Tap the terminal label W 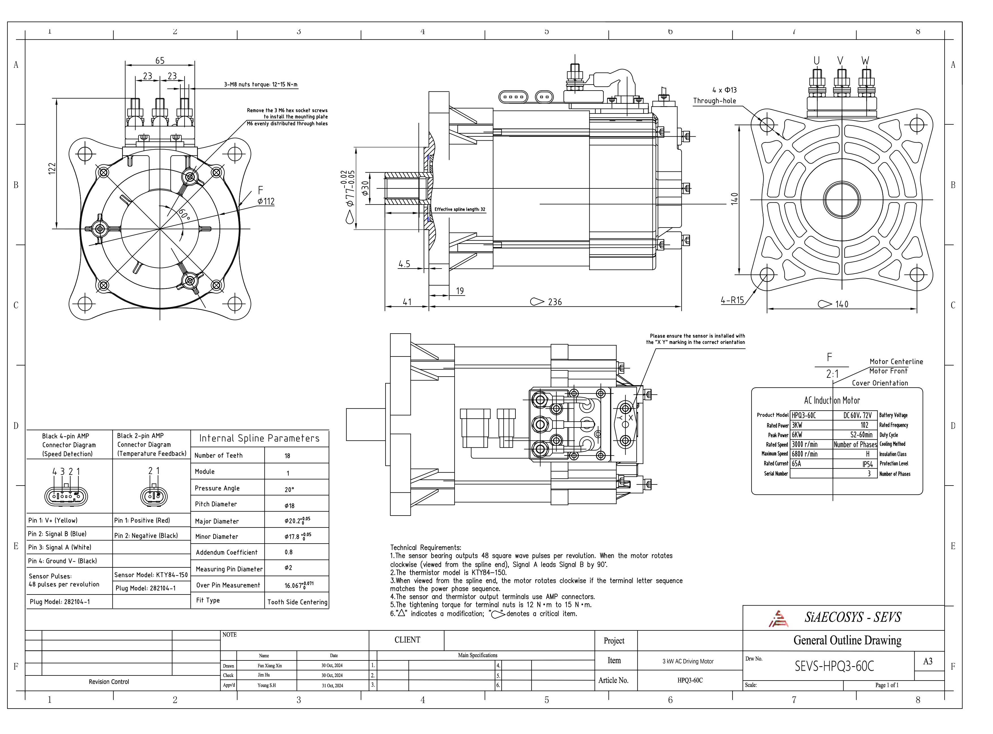pos(865,61)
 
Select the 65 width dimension pos(160,61)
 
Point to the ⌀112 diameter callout pos(266,201)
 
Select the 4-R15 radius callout pos(732,300)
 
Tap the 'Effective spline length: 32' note pos(460,209)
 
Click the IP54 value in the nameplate pos(867,464)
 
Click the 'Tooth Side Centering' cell pos(297,602)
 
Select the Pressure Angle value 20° pos(289,490)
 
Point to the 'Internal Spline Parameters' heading pos(259,439)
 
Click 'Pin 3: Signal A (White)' pos(59,548)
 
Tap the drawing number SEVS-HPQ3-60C pos(834,666)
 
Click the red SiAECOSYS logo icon pos(778,619)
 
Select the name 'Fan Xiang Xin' pos(269,666)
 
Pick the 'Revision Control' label pos(109,682)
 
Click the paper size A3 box pos(928,662)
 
